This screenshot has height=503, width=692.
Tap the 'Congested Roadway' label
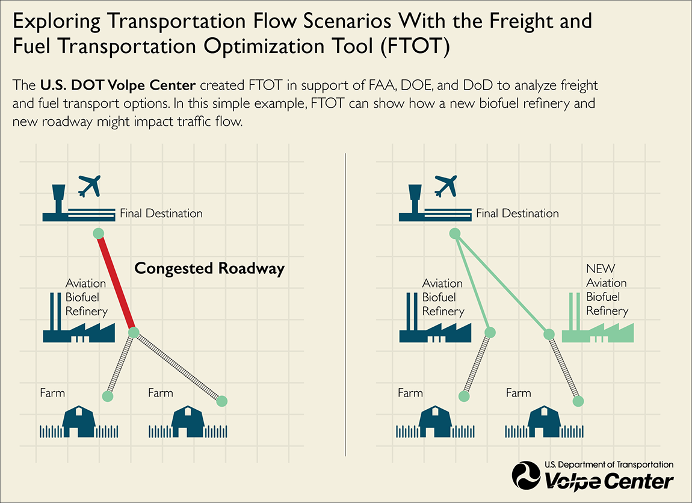209,268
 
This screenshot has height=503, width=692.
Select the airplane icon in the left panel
90,185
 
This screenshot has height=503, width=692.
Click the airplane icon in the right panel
446,185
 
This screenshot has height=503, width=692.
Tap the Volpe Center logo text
608,481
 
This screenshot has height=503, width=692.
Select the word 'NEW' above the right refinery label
601,268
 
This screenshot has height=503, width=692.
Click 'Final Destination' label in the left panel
161,213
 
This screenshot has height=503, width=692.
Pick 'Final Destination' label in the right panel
517,213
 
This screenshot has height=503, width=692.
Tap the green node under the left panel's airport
98,233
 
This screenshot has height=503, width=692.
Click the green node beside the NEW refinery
549,335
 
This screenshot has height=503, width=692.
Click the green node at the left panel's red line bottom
134,332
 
